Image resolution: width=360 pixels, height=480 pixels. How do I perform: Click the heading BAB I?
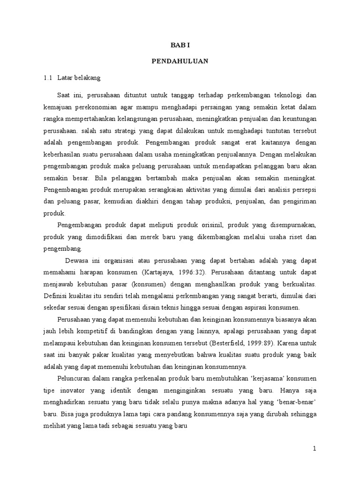180,45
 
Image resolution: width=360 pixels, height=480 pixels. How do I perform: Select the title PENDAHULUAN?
180,61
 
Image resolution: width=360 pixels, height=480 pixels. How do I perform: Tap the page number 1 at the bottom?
315,449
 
